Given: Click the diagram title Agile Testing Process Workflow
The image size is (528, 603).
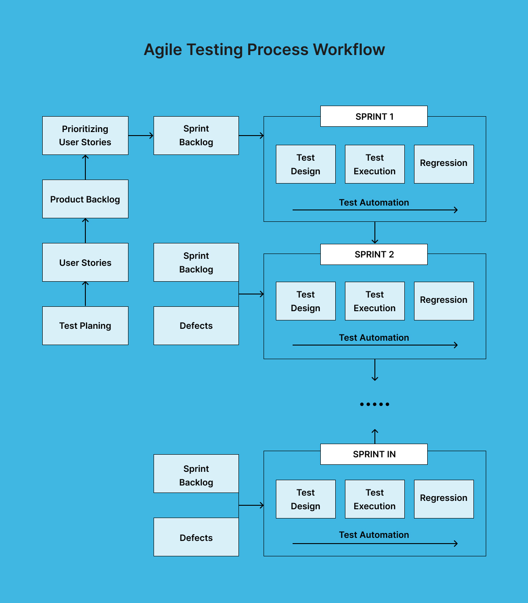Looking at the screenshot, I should (264, 50).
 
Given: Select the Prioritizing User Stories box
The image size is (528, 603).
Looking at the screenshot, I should (85, 136).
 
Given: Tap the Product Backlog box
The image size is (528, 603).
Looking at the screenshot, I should (85, 199).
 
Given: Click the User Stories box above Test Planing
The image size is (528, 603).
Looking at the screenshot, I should (85, 262).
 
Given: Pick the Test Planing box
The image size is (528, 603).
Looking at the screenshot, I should (85, 326).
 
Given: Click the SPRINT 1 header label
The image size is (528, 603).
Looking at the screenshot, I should (374, 116).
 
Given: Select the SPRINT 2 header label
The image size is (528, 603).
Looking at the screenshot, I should (374, 254).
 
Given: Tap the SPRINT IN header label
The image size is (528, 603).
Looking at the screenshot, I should (374, 454).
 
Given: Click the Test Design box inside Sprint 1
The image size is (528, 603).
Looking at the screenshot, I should (306, 164).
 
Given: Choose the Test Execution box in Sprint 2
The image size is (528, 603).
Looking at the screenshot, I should (375, 301).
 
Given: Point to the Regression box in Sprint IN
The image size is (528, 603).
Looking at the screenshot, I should (444, 499).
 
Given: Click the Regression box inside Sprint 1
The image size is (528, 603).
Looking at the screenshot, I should (444, 164).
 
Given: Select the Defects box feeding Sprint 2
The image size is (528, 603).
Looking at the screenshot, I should (196, 326).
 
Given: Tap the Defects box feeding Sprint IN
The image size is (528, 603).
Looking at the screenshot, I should (196, 537).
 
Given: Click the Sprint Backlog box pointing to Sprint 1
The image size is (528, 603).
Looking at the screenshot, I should (196, 136).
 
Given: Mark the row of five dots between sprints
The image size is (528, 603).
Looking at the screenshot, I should (374, 404).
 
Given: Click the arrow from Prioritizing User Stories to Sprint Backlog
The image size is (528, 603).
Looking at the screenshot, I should (141, 136).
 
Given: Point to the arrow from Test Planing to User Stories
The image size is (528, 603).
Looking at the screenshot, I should (85, 294).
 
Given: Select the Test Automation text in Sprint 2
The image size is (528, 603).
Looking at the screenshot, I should (374, 338).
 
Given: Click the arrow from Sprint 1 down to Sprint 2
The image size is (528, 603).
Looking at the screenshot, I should (375, 232).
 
